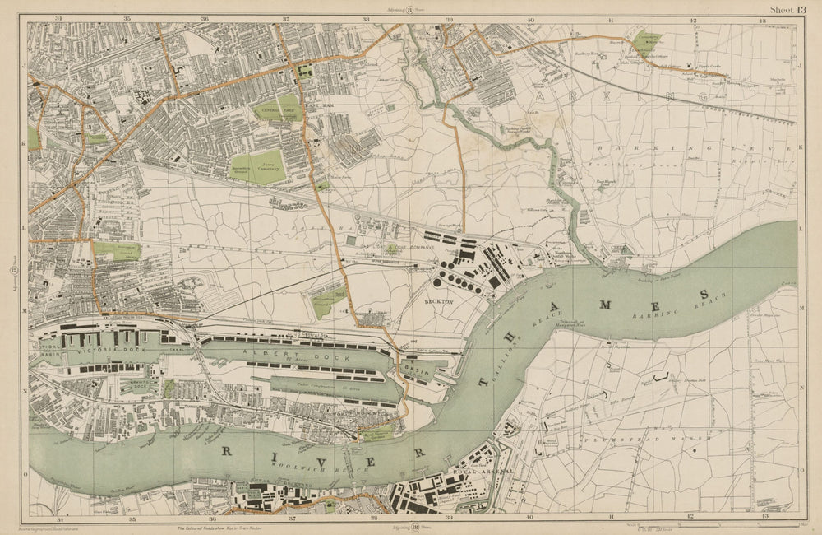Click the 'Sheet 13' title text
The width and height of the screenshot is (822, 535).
point(787,9)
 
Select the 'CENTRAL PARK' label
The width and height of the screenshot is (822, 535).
point(276,108)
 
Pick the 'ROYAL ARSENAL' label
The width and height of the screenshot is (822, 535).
point(485,472)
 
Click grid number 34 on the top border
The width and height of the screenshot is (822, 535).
point(58,17)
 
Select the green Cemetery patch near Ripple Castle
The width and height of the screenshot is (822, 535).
point(647,44)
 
